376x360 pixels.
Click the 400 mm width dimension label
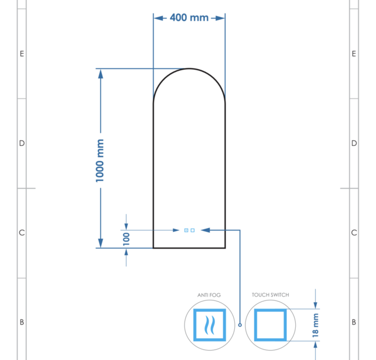[189, 18]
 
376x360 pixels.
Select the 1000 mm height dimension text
[100, 160]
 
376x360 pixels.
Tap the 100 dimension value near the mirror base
[126, 238]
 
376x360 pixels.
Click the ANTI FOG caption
[209, 295]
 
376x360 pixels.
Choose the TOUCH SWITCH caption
[270, 295]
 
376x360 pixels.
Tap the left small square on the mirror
[186, 231]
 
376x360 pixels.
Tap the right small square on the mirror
[193, 231]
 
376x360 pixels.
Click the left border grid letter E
[22, 54]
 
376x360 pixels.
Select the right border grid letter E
[354, 54]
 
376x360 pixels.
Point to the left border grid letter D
[22, 143]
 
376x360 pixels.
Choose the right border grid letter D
[354, 143]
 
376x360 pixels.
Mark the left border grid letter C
[22, 233]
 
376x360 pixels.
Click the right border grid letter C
[354, 233]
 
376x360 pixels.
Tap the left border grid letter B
[22, 322]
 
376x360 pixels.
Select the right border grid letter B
[354, 322]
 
